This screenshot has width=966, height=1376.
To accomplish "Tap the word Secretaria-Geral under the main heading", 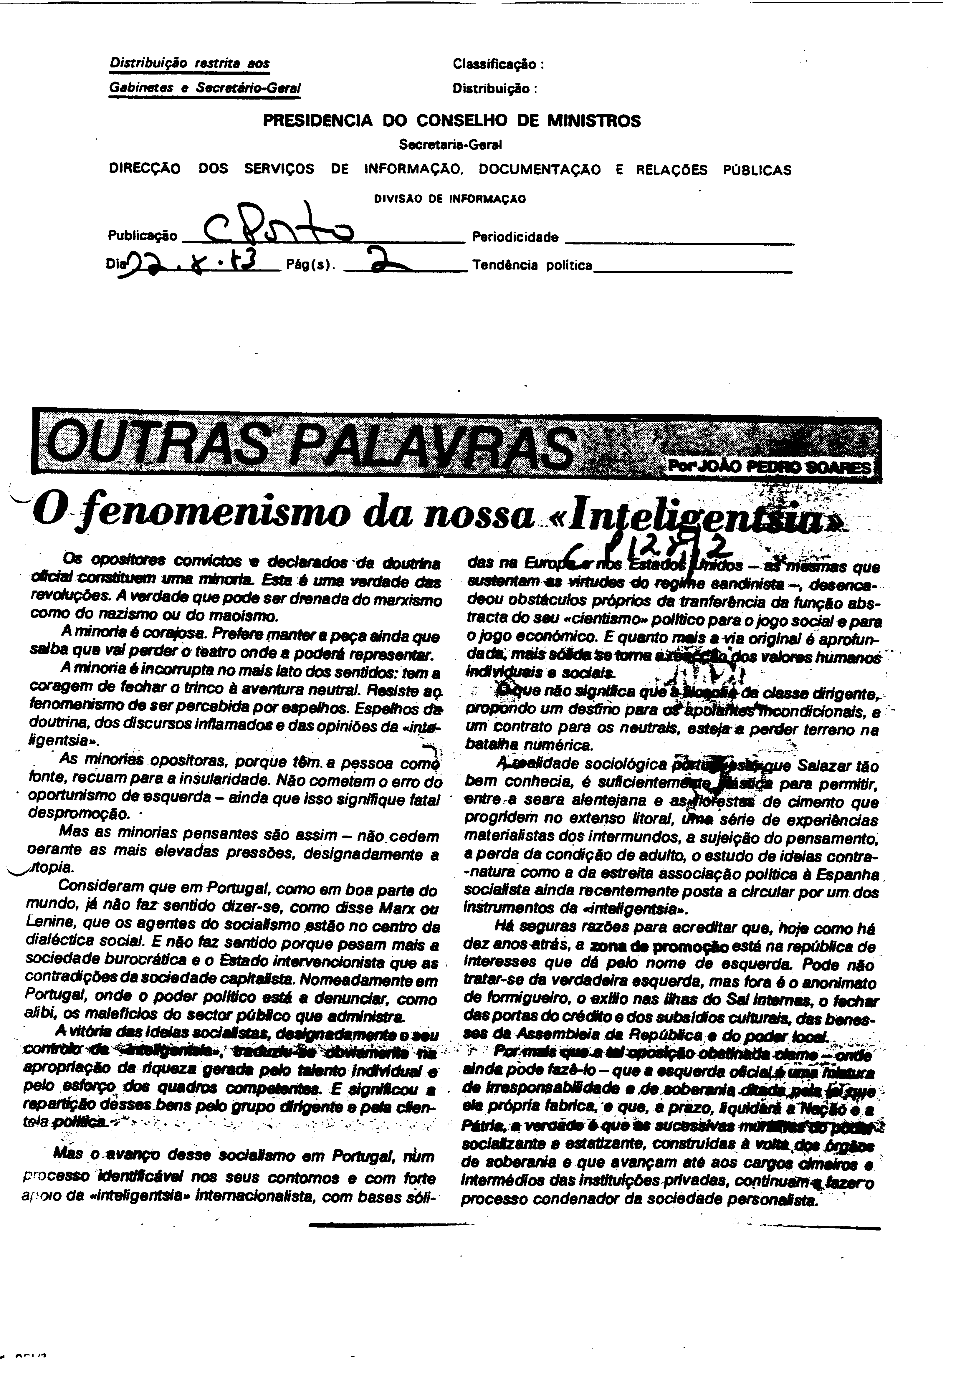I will tap(450, 144).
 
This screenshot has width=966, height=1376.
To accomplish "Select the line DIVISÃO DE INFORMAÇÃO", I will tap(449, 199).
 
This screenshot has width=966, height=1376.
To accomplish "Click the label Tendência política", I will tap(532, 265).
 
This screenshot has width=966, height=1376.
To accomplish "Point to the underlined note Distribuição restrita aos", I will tap(189, 64).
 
